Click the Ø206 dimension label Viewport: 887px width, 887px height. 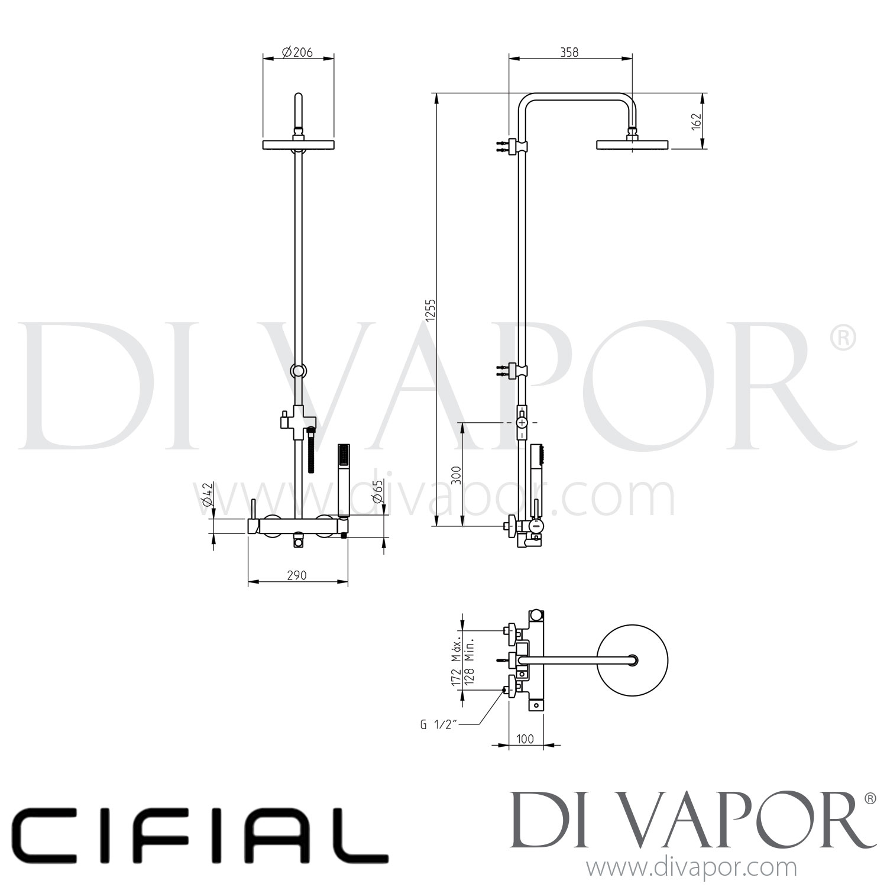coord(297,53)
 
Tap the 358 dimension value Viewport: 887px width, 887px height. coord(569,52)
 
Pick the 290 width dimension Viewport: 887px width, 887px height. coord(296,575)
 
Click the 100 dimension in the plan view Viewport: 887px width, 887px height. coord(525,739)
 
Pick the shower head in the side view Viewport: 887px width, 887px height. coord(632,144)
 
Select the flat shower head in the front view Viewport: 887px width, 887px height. coord(299,145)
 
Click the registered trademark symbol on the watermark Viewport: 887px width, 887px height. coord(843,338)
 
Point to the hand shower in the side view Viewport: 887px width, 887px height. coord(536,467)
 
